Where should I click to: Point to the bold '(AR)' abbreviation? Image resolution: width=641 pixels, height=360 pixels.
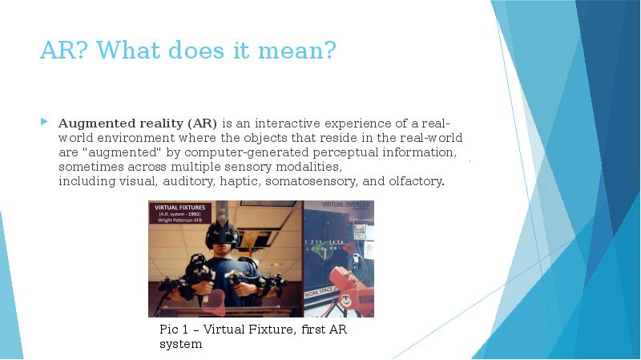[x=203, y=123]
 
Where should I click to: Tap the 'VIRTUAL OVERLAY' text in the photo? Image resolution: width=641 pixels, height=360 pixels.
[x=346, y=206]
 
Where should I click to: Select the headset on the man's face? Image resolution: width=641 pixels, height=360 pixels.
[x=221, y=235]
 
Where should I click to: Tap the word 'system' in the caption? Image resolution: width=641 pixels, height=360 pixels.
[x=180, y=344]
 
